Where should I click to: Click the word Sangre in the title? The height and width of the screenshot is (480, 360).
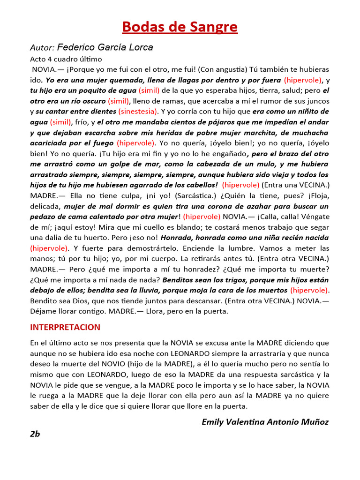pyautogui.click(x=215, y=27)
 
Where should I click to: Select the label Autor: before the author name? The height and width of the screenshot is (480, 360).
pyautogui.click(x=42, y=48)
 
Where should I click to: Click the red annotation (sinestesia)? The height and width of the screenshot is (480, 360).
pyautogui.click(x=138, y=112)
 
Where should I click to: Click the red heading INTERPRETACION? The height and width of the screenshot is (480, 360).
pyautogui.click(x=65, y=327)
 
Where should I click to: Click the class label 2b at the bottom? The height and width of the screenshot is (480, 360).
pyautogui.click(x=35, y=434)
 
